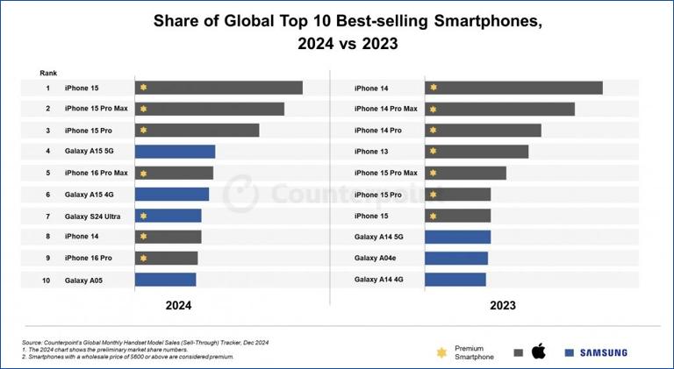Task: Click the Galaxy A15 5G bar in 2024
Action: click(175, 152)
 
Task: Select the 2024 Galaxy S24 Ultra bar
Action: click(168, 216)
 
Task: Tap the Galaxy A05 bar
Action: click(165, 280)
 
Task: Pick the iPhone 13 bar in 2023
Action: click(477, 152)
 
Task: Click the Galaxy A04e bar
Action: click(456, 258)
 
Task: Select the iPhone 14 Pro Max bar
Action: click(499, 109)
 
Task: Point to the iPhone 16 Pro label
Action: click(89, 258)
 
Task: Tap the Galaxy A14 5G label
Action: click(379, 237)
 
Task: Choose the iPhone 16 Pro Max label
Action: click(96, 173)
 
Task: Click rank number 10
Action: click(47, 280)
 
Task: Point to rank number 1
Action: click(47, 88)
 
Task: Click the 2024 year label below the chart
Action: click(178, 306)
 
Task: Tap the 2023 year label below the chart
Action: click(502, 306)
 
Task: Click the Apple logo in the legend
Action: click(539, 351)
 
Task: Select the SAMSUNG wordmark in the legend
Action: click(602, 352)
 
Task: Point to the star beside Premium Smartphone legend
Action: click(441, 352)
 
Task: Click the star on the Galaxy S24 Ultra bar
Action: click(143, 216)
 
